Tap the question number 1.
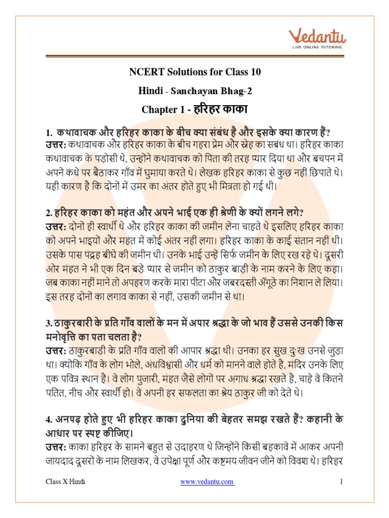pos(48,133)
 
